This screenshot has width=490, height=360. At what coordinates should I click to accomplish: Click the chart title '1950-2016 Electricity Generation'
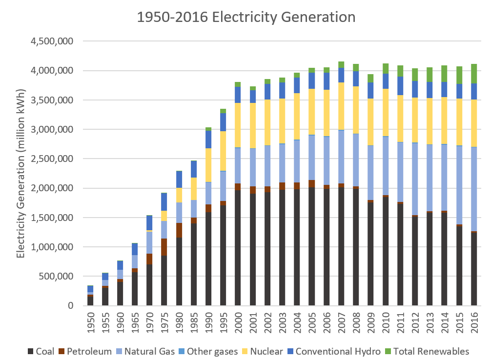coord(245,18)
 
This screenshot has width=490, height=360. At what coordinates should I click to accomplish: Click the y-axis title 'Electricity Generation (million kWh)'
coord(20,173)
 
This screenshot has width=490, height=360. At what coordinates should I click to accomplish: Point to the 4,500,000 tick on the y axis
coord(52,41)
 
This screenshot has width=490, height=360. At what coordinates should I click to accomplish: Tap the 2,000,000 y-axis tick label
coord(52,188)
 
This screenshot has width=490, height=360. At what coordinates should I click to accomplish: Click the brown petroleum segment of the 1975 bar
coord(164,247)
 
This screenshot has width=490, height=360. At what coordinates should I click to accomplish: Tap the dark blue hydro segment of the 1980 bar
coord(179,180)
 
